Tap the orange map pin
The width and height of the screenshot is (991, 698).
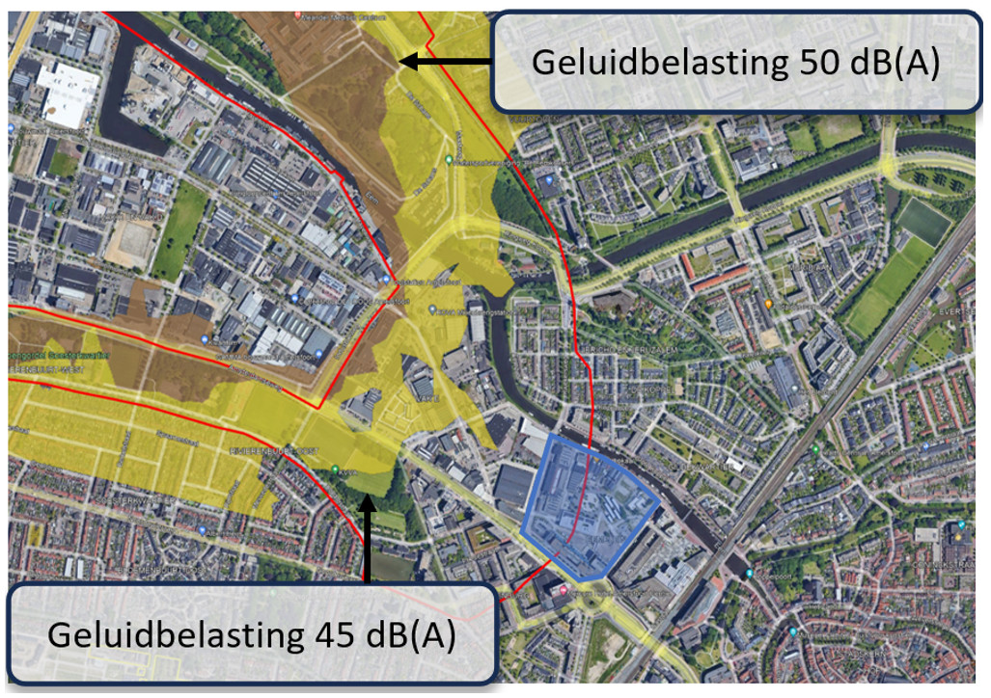pyautogui.click(x=769, y=305)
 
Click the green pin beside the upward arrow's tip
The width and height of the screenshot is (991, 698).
pyautogui.click(x=335, y=470)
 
